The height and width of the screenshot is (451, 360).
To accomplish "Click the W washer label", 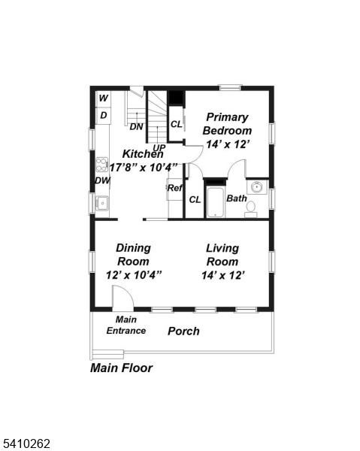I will (x=103, y=98).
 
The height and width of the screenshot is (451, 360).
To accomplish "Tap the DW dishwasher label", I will (x=102, y=180).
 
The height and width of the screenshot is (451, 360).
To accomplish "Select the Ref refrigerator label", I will (x=174, y=188).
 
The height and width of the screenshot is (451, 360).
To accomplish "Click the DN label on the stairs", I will (x=136, y=126).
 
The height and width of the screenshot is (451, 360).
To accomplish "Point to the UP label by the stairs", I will (x=159, y=147).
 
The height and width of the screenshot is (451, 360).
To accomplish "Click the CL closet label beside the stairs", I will (x=176, y=124).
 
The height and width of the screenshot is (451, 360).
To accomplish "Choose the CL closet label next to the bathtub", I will (x=195, y=199).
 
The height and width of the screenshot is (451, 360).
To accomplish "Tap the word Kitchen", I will (x=143, y=154).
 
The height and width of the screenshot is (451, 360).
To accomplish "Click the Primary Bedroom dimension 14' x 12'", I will (x=227, y=144).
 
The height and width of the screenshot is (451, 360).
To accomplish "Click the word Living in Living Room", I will (x=222, y=248).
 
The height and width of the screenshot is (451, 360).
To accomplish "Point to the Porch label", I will (x=183, y=331).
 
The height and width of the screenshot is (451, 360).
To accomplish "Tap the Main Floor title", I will (x=121, y=368).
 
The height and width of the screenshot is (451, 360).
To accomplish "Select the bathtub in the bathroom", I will (x=216, y=201).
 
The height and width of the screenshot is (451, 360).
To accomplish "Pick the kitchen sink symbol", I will (x=101, y=202).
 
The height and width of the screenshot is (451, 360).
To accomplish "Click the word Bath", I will (x=236, y=199).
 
